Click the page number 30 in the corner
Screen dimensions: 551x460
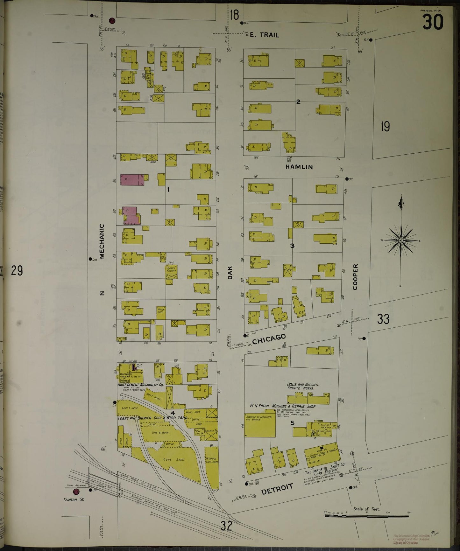click(433, 22)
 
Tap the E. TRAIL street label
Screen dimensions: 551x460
click(264, 35)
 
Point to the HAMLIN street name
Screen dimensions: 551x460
click(299, 167)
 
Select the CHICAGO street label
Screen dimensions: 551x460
click(269, 339)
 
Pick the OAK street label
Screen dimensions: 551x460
click(230, 273)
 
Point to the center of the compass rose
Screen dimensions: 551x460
click(400, 241)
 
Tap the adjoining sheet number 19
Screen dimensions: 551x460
click(385, 127)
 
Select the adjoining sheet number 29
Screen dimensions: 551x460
click(17, 271)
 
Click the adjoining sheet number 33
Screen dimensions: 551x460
click(383, 319)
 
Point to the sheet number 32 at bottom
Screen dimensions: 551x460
click(226, 526)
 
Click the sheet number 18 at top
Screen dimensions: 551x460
click(235, 15)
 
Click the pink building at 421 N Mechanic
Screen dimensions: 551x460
click(132, 180)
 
